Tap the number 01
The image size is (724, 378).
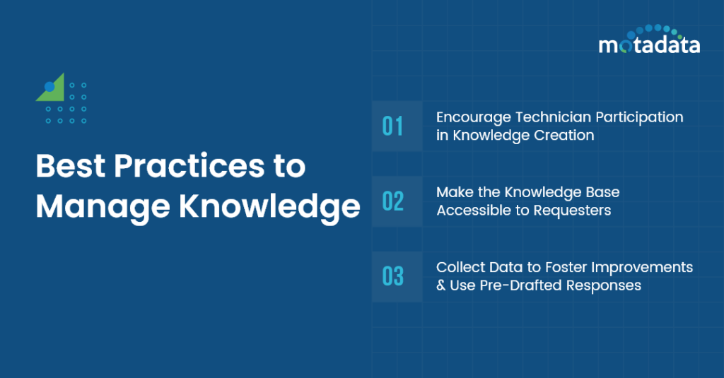(x=392, y=126)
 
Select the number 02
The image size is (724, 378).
(x=392, y=201)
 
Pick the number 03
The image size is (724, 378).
(x=392, y=276)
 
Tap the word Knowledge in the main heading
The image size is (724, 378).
(x=269, y=206)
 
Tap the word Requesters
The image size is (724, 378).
(x=573, y=211)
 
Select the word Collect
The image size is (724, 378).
(x=458, y=268)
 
